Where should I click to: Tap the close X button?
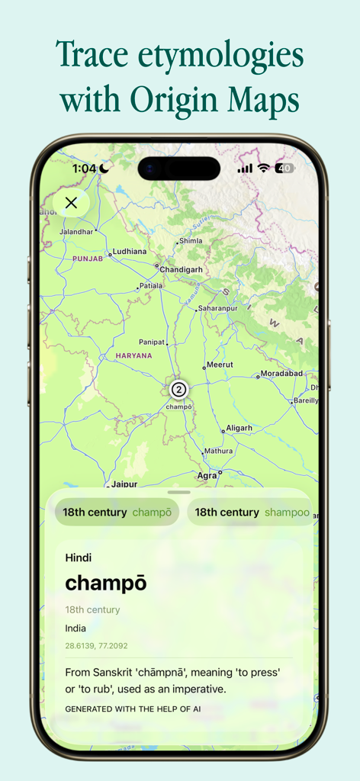tap(71, 203)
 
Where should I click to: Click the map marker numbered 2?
tap(178, 390)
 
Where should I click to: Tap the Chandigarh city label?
tap(181, 268)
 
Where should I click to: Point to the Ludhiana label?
tap(128, 252)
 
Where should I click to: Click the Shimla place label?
tap(191, 241)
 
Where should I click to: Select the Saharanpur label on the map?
tap(218, 308)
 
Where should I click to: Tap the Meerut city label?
tap(220, 365)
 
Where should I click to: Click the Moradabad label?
tap(281, 374)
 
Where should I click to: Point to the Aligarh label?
tap(239, 428)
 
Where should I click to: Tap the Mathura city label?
tap(218, 452)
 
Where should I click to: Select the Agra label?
tap(207, 475)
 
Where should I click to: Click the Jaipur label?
tap(124, 484)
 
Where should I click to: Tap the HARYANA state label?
tap(133, 355)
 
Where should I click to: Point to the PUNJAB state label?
tap(87, 259)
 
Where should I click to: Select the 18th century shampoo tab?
tap(252, 513)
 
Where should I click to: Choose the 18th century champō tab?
tap(117, 513)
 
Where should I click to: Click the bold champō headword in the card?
tap(106, 583)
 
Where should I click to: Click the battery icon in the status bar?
tap(285, 168)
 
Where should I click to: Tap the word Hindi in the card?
tap(79, 558)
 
